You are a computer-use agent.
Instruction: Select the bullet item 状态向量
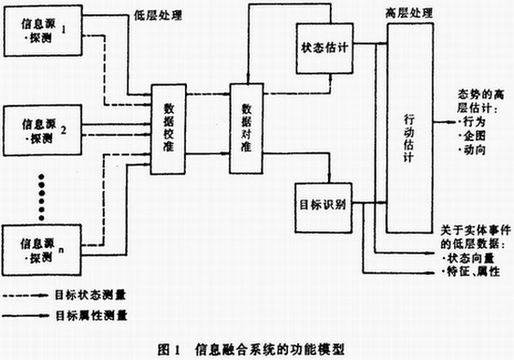click(x=471, y=256)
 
